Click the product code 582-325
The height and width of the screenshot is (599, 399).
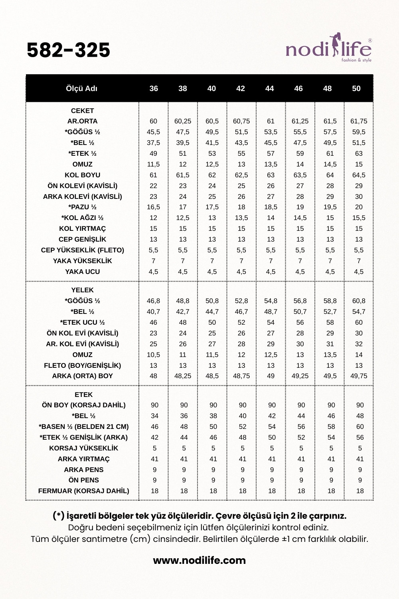pyautogui.click(x=68, y=50)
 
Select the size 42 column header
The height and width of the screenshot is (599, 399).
pyautogui.click(x=241, y=89)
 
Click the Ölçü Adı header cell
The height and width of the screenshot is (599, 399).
pyautogui.click(x=81, y=89)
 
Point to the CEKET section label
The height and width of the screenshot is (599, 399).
pyautogui.click(x=82, y=111)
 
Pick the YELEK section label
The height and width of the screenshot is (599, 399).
pyautogui.click(x=82, y=290)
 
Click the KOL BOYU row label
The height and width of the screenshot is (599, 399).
pyautogui.click(x=82, y=175)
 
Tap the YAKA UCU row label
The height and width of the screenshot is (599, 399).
pyautogui.click(x=82, y=272)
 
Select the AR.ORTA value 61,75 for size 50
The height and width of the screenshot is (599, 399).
pyautogui.click(x=359, y=121)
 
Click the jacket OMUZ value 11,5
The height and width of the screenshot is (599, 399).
pyautogui.click(x=153, y=164)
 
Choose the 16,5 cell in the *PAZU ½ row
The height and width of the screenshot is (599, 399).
pyautogui.click(x=153, y=207)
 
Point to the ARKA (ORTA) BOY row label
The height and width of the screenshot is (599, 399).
pyautogui.click(x=82, y=376)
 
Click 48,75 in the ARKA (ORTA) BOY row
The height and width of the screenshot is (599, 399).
pyautogui.click(x=241, y=376)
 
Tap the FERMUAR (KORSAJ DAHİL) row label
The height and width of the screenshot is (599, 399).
pyautogui.click(x=83, y=491)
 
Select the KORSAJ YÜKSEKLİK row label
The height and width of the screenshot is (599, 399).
pyautogui.click(x=83, y=448)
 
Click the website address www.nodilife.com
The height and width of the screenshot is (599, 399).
pyautogui.click(x=199, y=560)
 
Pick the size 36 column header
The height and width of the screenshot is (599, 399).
pyautogui.click(x=154, y=89)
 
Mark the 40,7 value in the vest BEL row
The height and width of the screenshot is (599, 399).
pyautogui.click(x=153, y=311)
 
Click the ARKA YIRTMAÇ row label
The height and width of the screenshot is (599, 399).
pyautogui.click(x=83, y=459)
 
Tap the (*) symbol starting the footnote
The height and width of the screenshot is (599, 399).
pyautogui.click(x=59, y=516)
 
